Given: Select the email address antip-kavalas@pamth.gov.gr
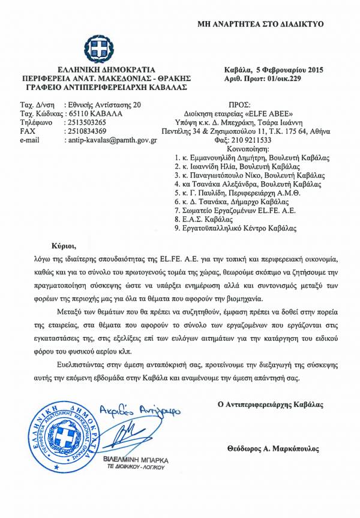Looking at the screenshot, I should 110,139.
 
